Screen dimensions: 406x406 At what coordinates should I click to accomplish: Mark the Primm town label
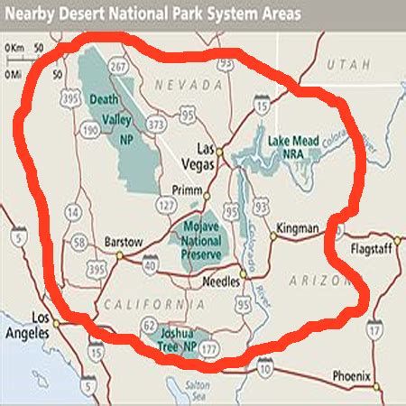(187, 190)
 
